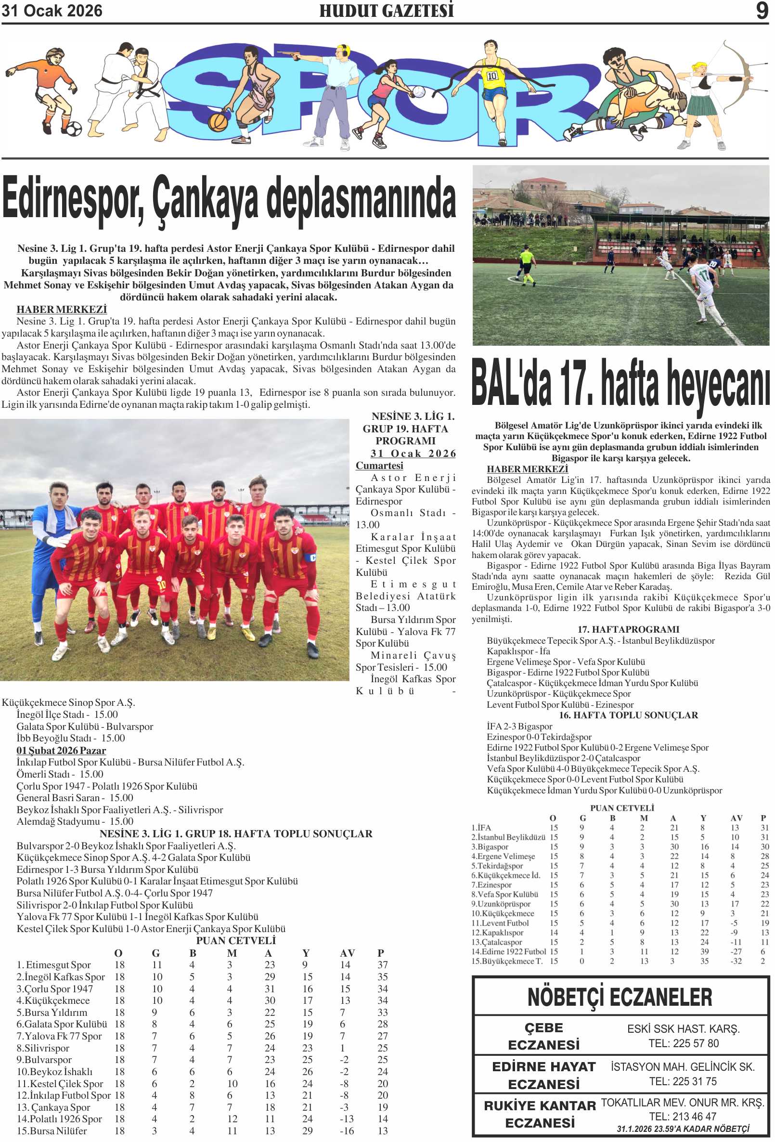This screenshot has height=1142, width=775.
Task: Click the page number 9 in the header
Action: pyautogui.click(x=761, y=10)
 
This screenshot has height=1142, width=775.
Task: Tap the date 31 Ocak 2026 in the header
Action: pyautogui.click(x=52, y=11)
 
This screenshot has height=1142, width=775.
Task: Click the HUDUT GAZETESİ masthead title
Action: pyautogui.click(x=386, y=11)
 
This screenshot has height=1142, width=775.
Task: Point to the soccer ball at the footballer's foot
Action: pyautogui.click(x=74, y=129)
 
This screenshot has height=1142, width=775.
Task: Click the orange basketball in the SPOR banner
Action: pyautogui.click(x=218, y=121)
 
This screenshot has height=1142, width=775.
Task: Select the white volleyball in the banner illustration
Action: pyautogui.click(x=418, y=91)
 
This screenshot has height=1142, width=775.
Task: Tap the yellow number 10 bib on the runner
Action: pyautogui.click(x=492, y=76)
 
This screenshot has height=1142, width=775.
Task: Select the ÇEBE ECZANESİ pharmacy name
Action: pyautogui.click(x=543, y=1036)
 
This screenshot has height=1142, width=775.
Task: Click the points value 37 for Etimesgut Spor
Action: pyautogui.click(x=382, y=965)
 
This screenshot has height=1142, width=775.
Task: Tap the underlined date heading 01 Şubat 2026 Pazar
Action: pyautogui.click(x=61, y=751)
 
